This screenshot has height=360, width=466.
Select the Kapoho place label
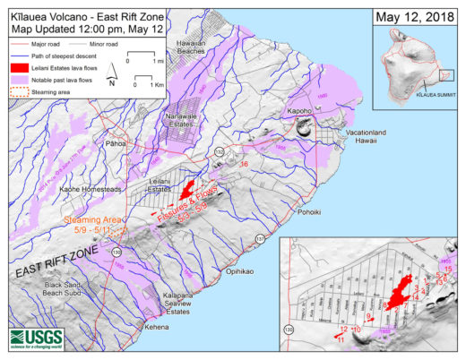[298, 113]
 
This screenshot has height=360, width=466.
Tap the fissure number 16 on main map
[244, 164]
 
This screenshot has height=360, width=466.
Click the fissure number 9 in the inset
[368, 316]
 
